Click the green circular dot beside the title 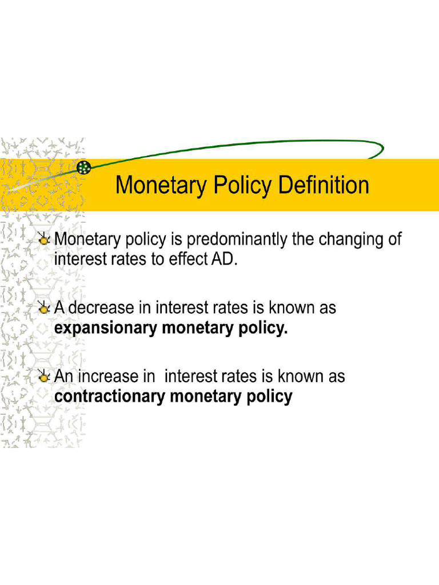pos(84,167)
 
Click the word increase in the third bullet pos(109,376)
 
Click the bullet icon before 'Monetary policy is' pos(44,239)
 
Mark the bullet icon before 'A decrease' pos(44,308)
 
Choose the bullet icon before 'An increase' pos(44,377)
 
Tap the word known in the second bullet pos(289,308)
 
